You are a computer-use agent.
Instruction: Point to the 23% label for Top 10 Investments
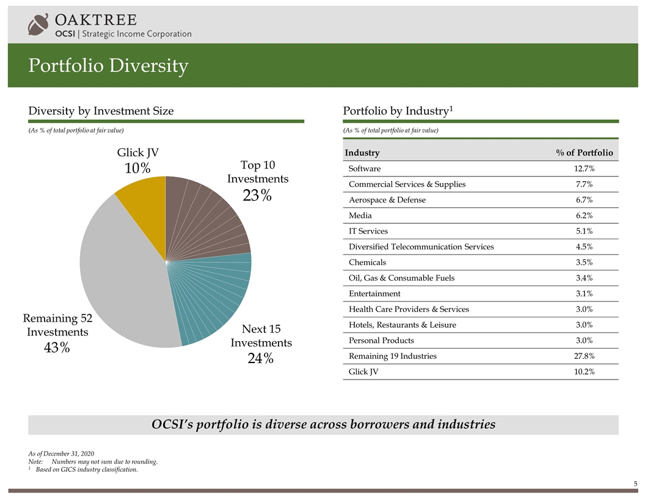257,195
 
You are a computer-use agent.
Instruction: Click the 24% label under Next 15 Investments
260,358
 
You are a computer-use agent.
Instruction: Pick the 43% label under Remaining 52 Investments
56,348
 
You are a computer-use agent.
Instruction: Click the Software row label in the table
364,168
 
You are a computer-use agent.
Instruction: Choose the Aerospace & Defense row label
387,200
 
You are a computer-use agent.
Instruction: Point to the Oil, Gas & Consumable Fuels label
401,278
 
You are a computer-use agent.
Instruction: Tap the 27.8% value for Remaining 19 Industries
583,356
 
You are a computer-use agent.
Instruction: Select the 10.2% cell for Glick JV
583,371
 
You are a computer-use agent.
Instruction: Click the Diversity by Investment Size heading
101,110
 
